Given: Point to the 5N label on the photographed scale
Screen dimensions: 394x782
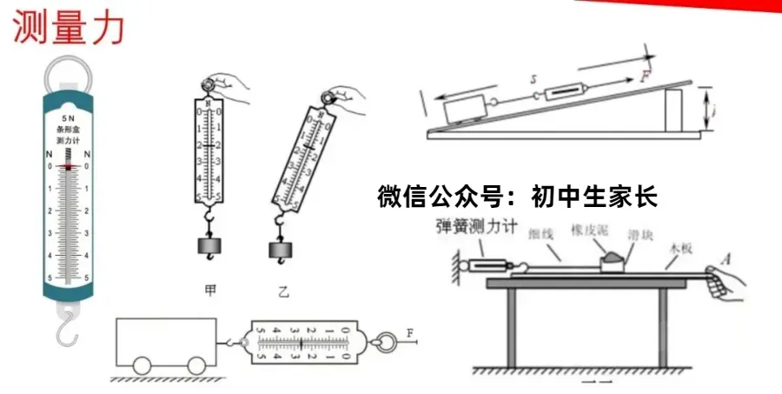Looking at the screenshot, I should click(x=67, y=117).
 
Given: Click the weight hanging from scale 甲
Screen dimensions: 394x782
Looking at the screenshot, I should click(x=209, y=246).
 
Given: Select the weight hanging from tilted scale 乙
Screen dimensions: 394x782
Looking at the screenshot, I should click(x=280, y=250).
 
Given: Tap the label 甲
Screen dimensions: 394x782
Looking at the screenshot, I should click(x=209, y=290).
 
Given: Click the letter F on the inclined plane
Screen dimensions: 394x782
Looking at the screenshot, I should click(x=646, y=76).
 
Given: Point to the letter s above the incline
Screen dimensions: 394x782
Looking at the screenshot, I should click(x=534, y=78).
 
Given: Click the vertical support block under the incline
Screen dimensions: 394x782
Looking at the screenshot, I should click(x=675, y=111).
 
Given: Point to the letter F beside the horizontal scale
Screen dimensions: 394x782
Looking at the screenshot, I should click(x=411, y=332).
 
